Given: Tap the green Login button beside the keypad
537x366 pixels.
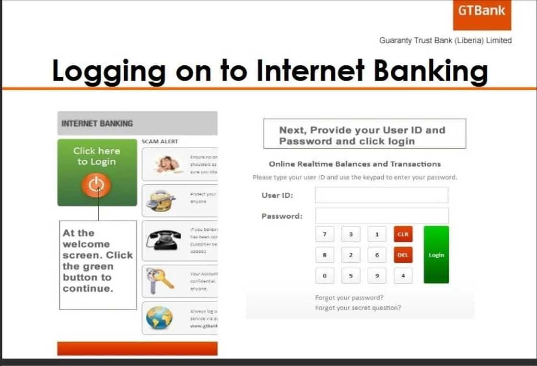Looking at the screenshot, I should click(x=436, y=255).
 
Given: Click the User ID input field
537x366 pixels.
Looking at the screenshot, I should click(x=381, y=195).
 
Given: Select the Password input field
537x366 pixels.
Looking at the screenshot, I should click(x=381, y=216).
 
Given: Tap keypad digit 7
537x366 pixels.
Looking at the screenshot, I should click(x=325, y=235).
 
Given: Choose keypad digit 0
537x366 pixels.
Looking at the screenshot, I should click(x=325, y=276).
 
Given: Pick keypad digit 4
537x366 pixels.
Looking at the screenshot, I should click(x=403, y=276).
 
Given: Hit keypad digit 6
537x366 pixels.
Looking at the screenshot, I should click(x=377, y=255).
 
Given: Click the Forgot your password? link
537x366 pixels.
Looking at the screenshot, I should click(x=349, y=298).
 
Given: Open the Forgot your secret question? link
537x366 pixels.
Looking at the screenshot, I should click(x=358, y=308).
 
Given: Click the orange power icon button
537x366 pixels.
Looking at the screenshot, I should click(x=96, y=185).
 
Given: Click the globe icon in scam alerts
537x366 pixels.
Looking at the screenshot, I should click(x=160, y=318).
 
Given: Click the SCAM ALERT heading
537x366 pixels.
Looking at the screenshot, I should click(x=160, y=142).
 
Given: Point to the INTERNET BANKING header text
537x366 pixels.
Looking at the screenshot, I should click(x=97, y=124).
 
